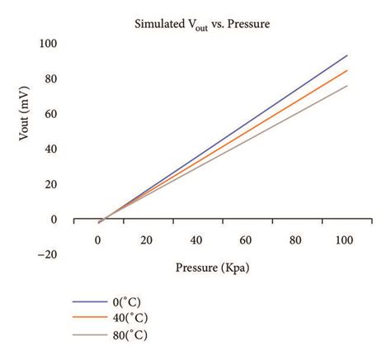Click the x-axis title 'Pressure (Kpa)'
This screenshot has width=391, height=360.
click(x=212, y=268)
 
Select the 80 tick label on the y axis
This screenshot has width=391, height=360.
click(x=54, y=78)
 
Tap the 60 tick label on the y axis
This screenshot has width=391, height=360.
click(x=54, y=114)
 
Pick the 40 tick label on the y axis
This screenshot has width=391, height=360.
click(x=54, y=149)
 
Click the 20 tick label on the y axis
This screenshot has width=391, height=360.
click(x=54, y=185)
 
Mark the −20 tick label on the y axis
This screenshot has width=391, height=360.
click(x=49, y=255)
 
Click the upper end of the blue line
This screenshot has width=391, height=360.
click(x=347, y=55)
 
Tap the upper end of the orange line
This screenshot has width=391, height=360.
click(x=347, y=70)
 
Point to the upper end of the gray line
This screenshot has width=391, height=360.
click(x=347, y=86)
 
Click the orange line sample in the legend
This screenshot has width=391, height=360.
click(x=88, y=319)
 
